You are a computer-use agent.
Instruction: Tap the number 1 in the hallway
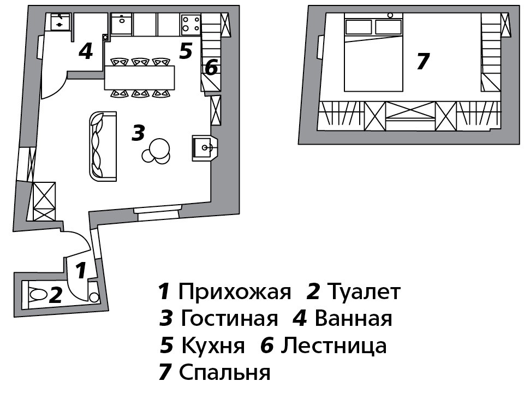tap(80, 270)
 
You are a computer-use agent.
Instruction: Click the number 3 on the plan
tap(138, 133)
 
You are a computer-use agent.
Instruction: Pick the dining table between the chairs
tap(140, 78)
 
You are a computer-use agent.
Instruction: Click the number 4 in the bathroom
tap(85, 51)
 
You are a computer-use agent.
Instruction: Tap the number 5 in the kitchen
tap(186, 51)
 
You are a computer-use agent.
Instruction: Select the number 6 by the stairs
tap(211, 68)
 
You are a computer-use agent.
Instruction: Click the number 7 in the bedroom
tap(422, 61)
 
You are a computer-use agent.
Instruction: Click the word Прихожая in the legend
tap(234, 292)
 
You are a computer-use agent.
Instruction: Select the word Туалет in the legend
tap(364, 292)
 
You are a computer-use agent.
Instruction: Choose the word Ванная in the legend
tap(354, 318)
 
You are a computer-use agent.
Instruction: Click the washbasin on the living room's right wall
tap(204, 147)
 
